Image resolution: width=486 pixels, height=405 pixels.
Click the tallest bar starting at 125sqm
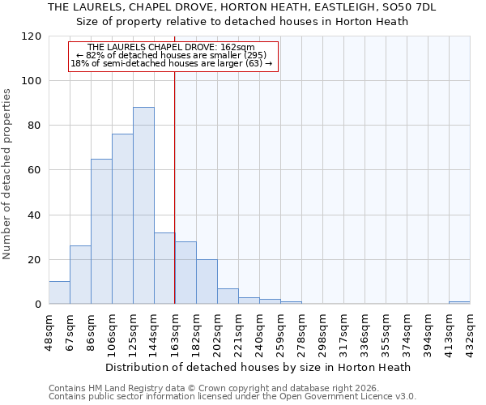[x=143, y=206]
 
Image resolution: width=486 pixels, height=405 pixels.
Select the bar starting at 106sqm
[x=122, y=219]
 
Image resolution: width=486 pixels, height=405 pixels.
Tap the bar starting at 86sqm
[x=101, y=232]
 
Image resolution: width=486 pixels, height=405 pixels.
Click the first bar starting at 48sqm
[x=59, y=293]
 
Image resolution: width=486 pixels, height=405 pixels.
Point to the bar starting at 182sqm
[x=207, y=282]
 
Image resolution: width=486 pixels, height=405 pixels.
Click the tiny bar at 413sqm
[x=459, y=302]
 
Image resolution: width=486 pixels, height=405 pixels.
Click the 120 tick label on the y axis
[x=33, y=36]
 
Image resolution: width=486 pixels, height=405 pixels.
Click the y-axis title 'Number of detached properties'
[x=8, y=174]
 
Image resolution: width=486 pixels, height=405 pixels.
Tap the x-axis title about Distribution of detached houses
[x=259, y=367]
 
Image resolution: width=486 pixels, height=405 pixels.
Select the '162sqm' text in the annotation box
[x=237, y=48]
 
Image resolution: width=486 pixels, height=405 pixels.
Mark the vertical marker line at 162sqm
[x=175, y=186]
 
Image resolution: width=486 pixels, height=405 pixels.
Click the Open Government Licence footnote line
[x=232, y=396]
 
